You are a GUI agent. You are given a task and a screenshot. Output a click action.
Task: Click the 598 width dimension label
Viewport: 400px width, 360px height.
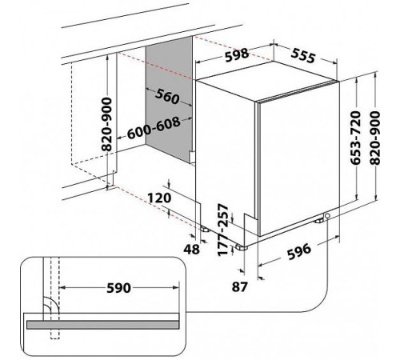tap(237, 55)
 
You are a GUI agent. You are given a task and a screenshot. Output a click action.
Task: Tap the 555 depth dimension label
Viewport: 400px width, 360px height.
tap(303, 56)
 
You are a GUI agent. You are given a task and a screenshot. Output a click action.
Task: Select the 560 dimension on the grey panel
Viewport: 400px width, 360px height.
tap(167, 96)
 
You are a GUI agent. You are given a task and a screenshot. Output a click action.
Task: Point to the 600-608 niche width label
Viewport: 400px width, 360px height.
tap(154, 128)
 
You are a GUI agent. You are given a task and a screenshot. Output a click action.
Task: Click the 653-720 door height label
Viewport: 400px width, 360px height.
tap(356, 138)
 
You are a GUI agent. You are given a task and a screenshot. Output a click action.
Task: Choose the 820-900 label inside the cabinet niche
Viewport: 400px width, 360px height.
tap(107, 125)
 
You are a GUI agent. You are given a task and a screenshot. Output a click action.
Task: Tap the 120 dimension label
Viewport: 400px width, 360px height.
tap(159, 198)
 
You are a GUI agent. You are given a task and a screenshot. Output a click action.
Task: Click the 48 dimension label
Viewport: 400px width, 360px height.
tap(191, 249)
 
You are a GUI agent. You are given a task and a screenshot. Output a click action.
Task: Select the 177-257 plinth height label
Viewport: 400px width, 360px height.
tap(223, 230)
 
